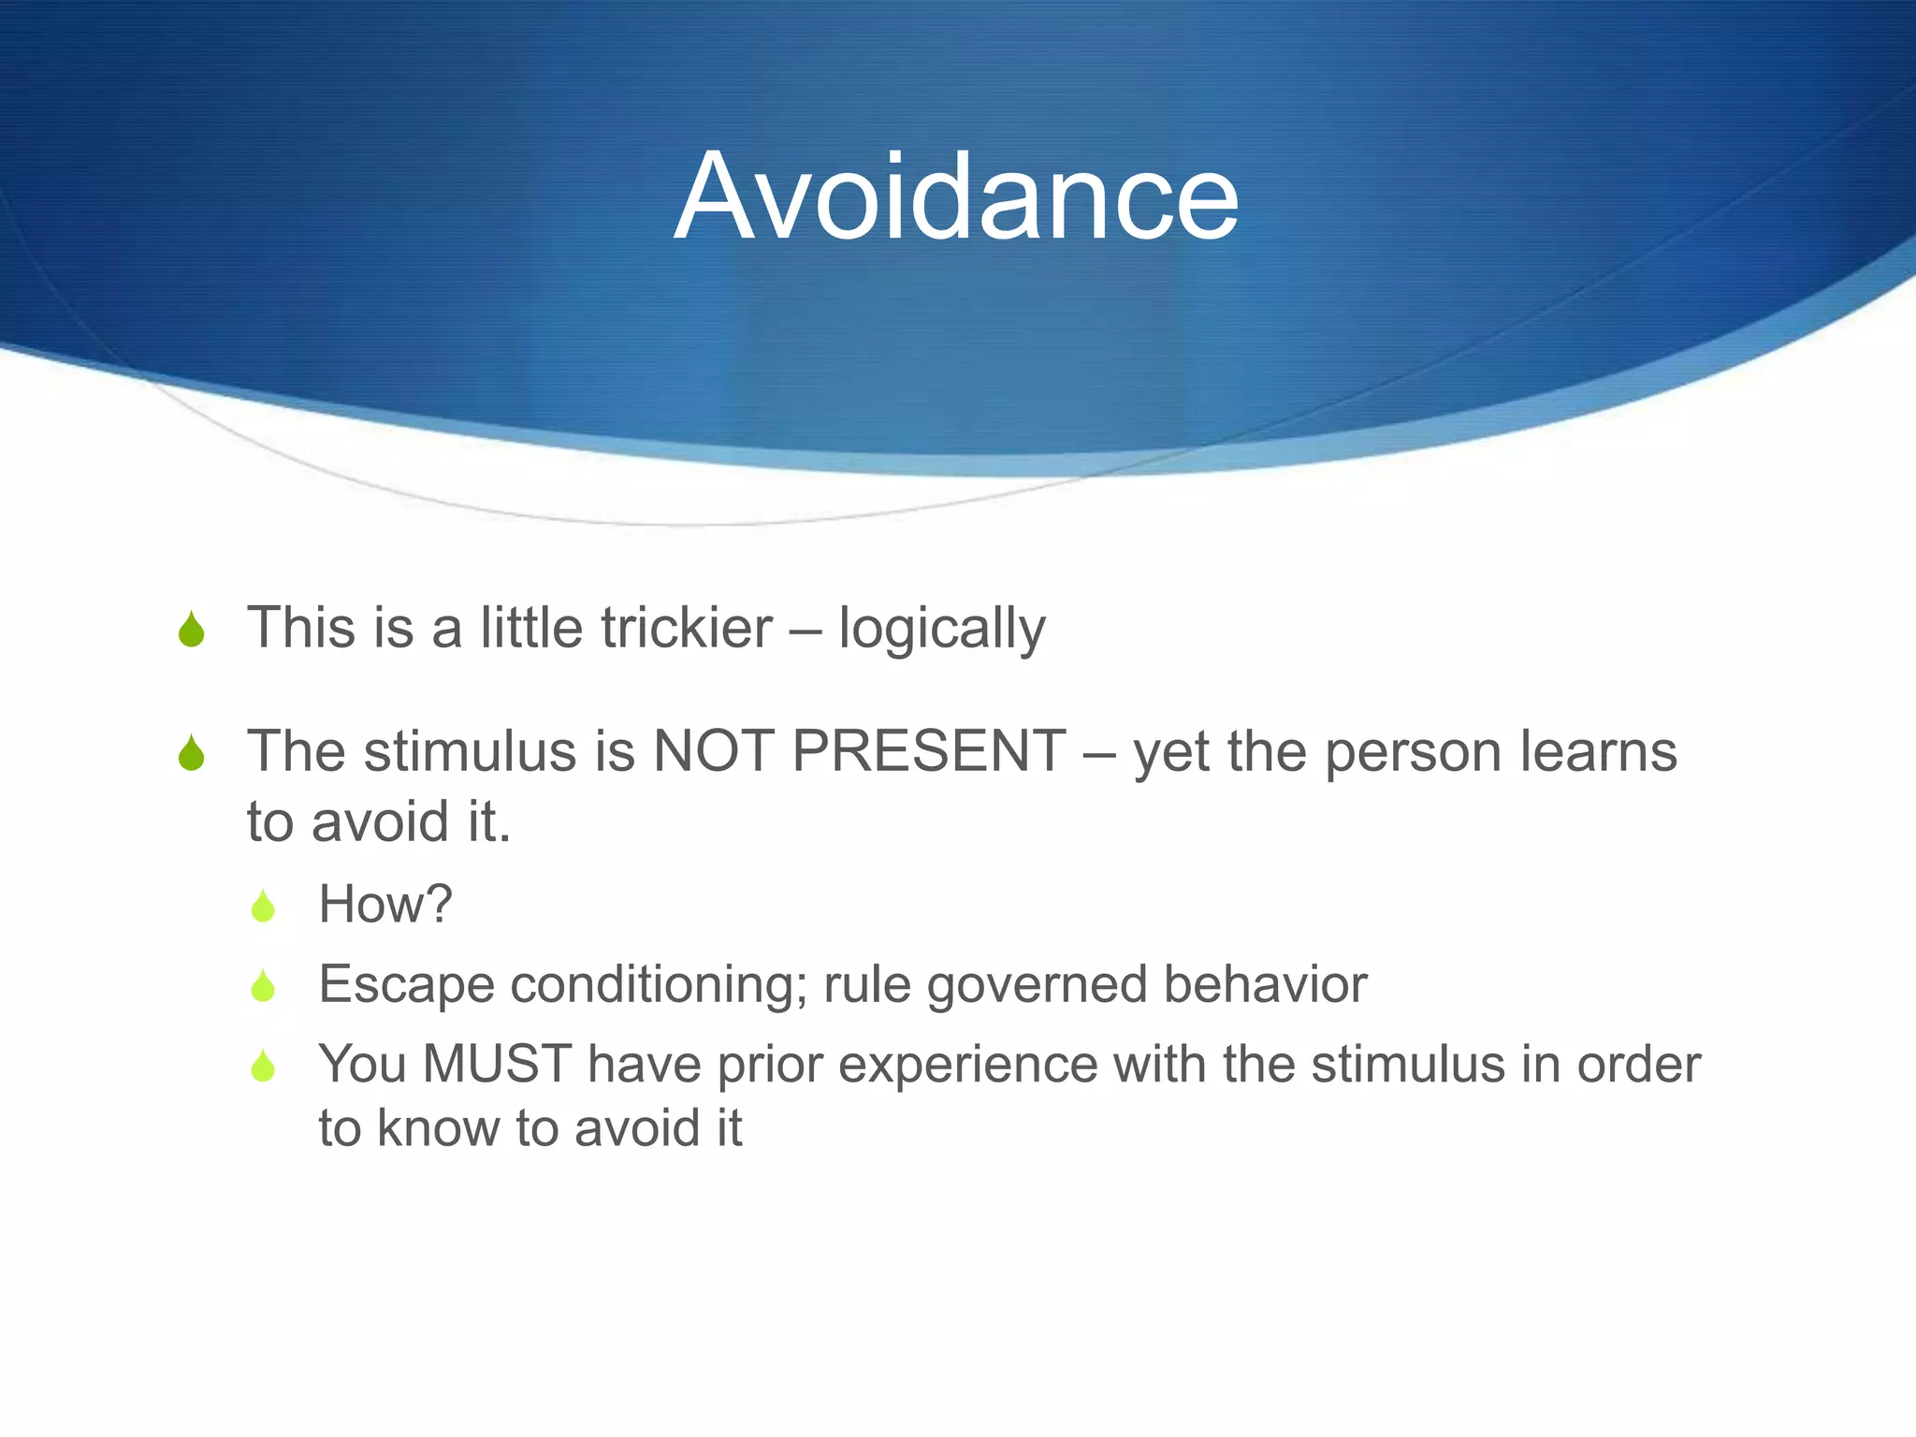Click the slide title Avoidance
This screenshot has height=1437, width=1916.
pos(956,197)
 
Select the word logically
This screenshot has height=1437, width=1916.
pos(941,630)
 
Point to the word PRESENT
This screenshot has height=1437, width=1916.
pos(928,751)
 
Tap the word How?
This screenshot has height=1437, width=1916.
pos(385,905)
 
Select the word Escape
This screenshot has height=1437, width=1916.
pos(406,985)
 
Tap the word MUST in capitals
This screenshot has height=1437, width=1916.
pos(497,1065)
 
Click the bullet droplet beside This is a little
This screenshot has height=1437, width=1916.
pos(191,630)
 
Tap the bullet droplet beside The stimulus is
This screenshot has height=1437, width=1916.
pos(191,753)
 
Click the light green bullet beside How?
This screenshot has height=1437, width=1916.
pos(263,906)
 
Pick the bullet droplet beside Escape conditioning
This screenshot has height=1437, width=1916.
pos(263,986)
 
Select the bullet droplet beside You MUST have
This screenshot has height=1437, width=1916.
pos(263,1067)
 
